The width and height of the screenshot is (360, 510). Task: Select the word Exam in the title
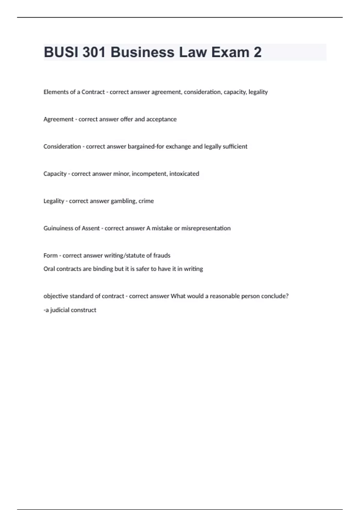tap(230, 52)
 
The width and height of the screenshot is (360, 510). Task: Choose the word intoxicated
tap(184, 174)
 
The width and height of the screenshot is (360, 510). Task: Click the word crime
tap(146, 201)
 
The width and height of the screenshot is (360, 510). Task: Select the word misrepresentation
tap(206, 228)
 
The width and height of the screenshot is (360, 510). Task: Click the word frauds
tap(162, 256)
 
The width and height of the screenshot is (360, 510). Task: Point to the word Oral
tap(49, 269)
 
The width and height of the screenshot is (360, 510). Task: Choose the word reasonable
tap(225, 296)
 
